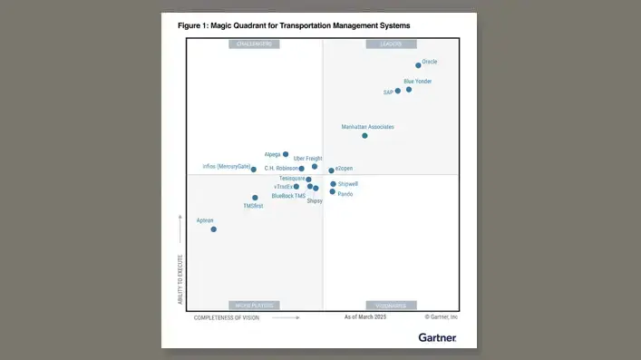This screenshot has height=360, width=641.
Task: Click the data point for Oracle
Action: point(418,65)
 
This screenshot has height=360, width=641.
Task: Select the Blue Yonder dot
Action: point(409,89)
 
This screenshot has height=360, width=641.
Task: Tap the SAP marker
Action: point(397,91)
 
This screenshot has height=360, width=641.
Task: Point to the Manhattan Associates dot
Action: point(364,135)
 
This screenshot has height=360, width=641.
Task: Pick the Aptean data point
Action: point(214,229)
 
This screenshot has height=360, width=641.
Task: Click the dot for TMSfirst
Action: point(255,198)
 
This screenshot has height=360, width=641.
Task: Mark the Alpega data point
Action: point(286,154)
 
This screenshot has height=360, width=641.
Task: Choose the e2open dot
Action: point(332,170)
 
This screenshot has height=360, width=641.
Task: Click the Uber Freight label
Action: point(307,159)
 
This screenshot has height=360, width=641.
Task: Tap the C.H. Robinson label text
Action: point(280,169)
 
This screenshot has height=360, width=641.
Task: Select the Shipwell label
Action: point(348,184)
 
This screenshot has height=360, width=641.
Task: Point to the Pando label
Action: point(345,194)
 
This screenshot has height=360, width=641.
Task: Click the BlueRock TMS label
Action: point(288,196)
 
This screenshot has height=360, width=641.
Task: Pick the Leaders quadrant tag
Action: point(391,44)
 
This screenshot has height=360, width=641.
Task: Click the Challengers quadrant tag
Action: point(254,44)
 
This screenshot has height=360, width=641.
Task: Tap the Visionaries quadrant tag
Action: point(391,306)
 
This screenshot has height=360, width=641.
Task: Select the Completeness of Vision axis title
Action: point(227,318)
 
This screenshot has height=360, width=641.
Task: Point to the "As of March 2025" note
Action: point(365,317)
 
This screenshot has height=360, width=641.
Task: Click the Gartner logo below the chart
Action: point(437,337)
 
